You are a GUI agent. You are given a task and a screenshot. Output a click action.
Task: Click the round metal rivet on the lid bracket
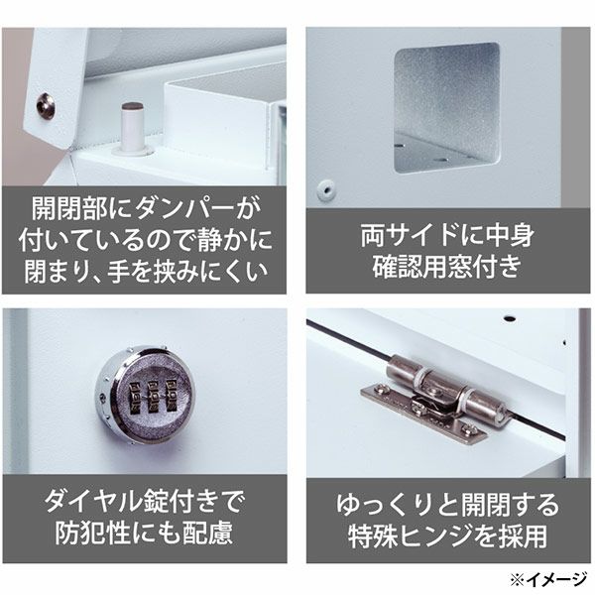pyautogui.click(x=46, y=106)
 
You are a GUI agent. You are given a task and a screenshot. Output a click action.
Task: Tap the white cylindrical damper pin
pyautogui.click(x=133, y=129)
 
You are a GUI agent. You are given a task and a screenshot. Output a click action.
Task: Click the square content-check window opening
pyautogui.click(x=446, y=107)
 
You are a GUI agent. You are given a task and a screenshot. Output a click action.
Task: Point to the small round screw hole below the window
pyautogui.click(x=326, y=189)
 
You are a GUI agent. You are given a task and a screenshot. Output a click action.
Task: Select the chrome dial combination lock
pyautogui.click(x=145, y=395)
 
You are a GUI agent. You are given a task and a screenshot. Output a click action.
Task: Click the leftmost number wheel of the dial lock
pyautogui.click(x=135, y=398)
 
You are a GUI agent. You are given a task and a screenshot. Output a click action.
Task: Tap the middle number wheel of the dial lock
pyautogui.click(x=153, y=396)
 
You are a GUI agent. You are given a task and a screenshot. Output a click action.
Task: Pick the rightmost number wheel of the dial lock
pyautogui.click(x=171, y=395)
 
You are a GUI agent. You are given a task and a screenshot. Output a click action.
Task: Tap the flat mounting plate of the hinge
pyautogui.click(x=423, y=413)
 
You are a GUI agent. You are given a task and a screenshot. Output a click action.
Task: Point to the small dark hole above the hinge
pyautogui.click(x=511, y=318)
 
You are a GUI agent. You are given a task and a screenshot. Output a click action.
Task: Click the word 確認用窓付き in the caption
pyautogui.click(x=447, y=267)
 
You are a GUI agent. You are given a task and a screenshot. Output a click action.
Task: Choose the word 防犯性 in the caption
pyautogui.click(x=93, y=533)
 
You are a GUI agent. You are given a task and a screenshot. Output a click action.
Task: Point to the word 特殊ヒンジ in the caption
pyautogui.click(x=411, y=536)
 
